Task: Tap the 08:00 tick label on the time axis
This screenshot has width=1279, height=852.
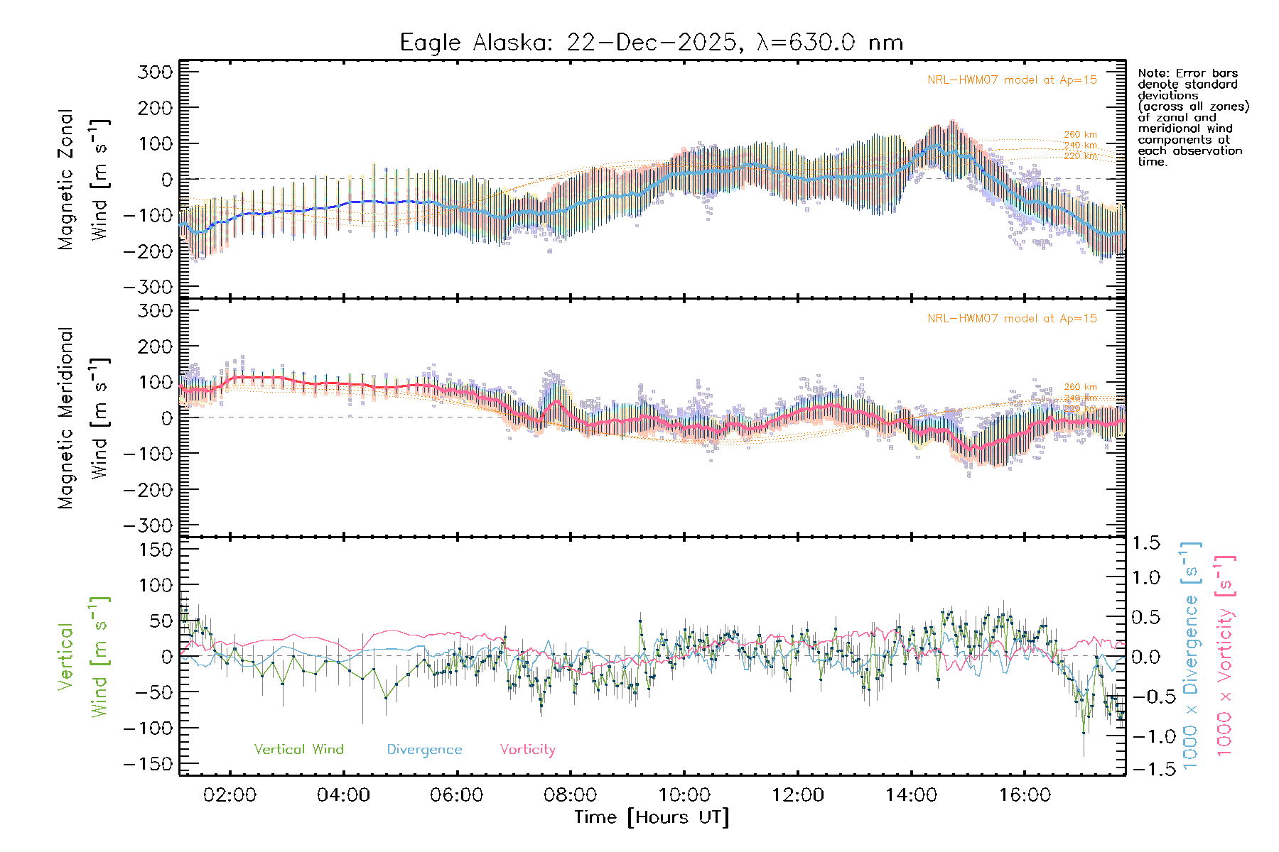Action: (570, 795)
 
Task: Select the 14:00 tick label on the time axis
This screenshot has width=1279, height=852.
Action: (911, 795)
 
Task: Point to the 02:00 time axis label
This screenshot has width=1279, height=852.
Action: (230, 795)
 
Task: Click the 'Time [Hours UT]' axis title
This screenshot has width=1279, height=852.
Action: (651, 818)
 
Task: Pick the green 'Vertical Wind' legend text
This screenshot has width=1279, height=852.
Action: (298, 750)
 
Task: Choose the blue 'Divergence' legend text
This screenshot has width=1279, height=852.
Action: (424, 750)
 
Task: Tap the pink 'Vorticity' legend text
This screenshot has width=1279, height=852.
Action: (527, 750)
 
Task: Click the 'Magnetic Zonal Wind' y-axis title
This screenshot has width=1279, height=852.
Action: (83, 179)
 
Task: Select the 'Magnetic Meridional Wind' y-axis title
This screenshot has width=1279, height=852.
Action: (83, 417)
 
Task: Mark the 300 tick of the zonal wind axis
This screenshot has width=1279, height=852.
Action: (156, 72)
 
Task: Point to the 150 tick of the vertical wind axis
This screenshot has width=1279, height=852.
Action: (156, 550)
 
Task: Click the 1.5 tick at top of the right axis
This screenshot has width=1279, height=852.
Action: (1145, 543)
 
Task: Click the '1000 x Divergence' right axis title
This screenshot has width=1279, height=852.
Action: (1191, 655)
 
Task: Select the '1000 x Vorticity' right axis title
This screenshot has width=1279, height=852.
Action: (1224, 655)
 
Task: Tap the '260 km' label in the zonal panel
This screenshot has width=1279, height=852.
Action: (1080, 135)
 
